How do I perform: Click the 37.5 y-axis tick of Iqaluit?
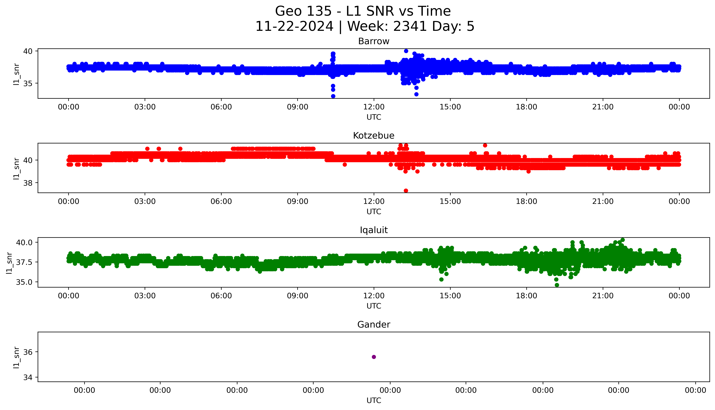25,262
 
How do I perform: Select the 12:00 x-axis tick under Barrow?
374,107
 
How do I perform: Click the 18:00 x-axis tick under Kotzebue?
527,201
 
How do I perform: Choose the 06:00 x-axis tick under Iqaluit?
221,296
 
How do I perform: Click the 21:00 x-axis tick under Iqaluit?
603,296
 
